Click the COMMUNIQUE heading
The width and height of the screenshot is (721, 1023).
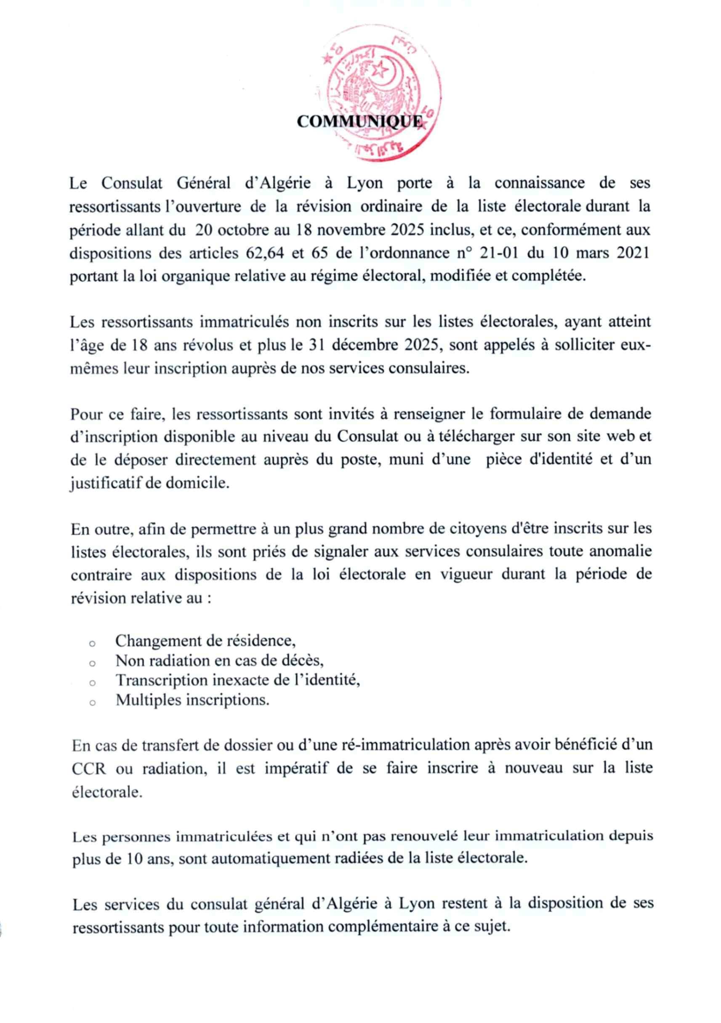tap(360, 121)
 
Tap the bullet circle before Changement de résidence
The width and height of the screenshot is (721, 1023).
tap(92, 644)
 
